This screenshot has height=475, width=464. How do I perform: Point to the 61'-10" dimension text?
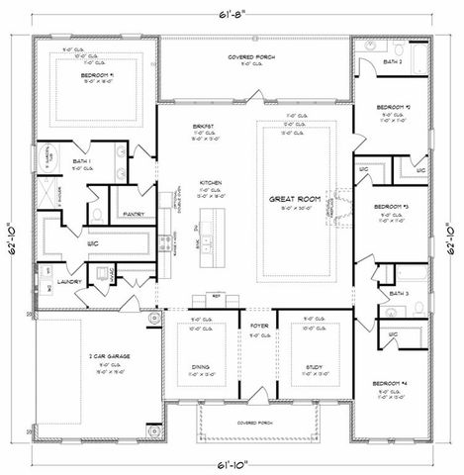(x=232, y=462)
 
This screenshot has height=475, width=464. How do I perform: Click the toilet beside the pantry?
(x=95, y=211)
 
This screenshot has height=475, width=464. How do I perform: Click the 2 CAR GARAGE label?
(x=94, y=353)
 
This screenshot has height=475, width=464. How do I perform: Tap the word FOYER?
(x=259, y=324)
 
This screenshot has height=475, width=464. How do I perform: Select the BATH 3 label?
(x=399, y=294)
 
